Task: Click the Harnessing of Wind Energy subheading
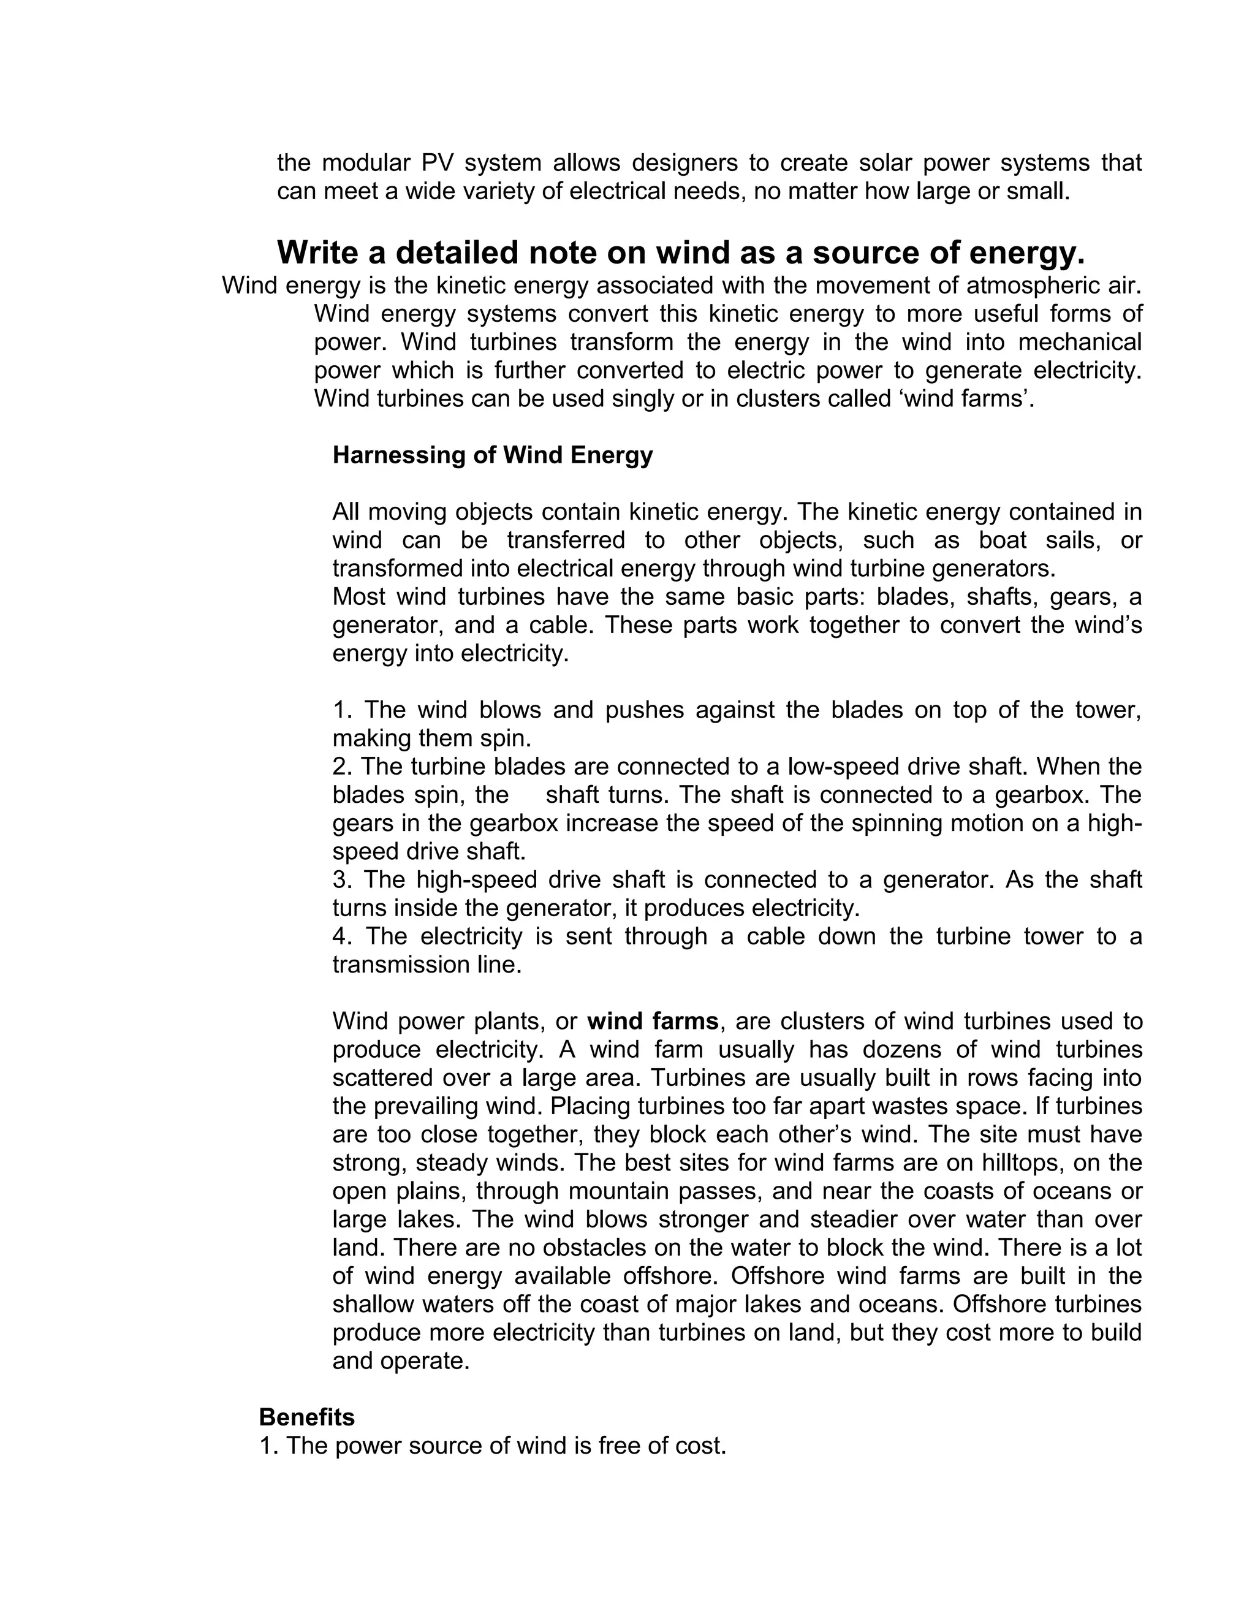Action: (492, 455)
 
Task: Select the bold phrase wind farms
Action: (652, 1022)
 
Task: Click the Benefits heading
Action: (306, 1417)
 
